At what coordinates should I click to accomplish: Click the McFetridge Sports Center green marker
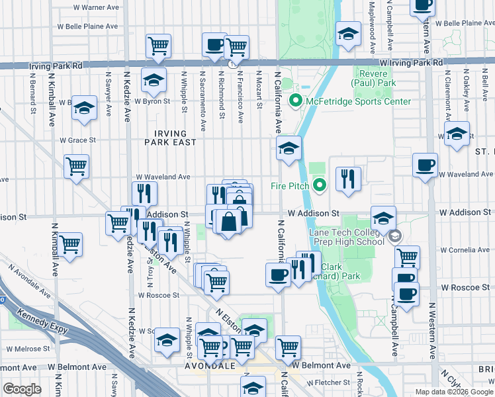click(x=294, y=101)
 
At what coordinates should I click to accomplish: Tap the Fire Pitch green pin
click(x=320, y=186)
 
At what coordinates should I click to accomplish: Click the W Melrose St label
click(x=25, y=348)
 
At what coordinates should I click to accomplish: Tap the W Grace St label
click(x=77, y=140)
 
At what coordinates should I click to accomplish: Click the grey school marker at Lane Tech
click(x=395, y=236)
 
